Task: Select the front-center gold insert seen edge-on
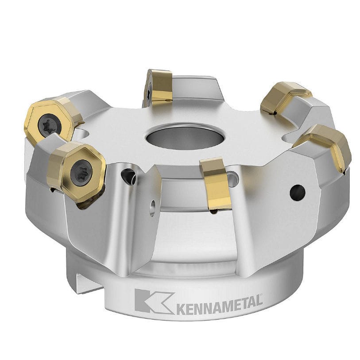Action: [x=216, y=183]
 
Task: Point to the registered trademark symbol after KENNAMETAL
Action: [x=261, y=296]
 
